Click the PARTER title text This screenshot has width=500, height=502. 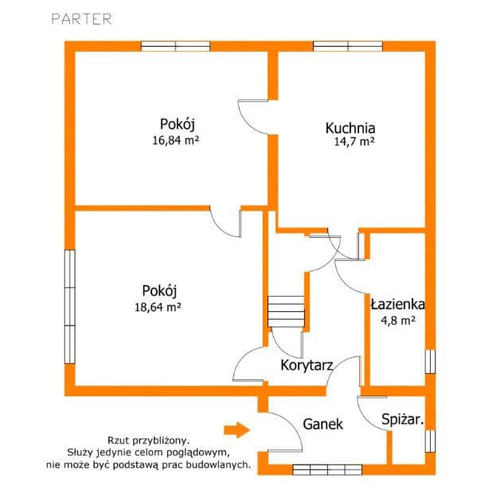click(81, 19)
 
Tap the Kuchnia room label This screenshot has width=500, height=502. click(350, 128)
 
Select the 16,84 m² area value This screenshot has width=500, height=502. click(175, 140)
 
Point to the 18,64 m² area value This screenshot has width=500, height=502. click(158, 307)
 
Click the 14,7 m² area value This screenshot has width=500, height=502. click(354, 142)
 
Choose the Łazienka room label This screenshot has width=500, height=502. click(397, 305)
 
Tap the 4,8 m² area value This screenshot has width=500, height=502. click(398, 320)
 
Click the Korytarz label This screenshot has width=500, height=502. click(307, 365)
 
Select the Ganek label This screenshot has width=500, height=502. click(323, 424)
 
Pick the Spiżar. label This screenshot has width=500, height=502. click(403, 419)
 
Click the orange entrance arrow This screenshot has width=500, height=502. click(236, 430)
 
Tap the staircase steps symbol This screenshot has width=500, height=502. click(286, 312)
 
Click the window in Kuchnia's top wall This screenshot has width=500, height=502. click(348, 46)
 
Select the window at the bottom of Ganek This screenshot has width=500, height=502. click(327, 469)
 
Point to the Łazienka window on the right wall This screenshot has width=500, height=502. click(430, 361)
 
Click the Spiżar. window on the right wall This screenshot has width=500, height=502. click(430, 441)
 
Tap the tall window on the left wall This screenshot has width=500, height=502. click(70, 307)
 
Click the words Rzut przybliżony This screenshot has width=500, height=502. click(148, 441)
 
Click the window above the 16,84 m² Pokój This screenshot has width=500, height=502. click(175, 46)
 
